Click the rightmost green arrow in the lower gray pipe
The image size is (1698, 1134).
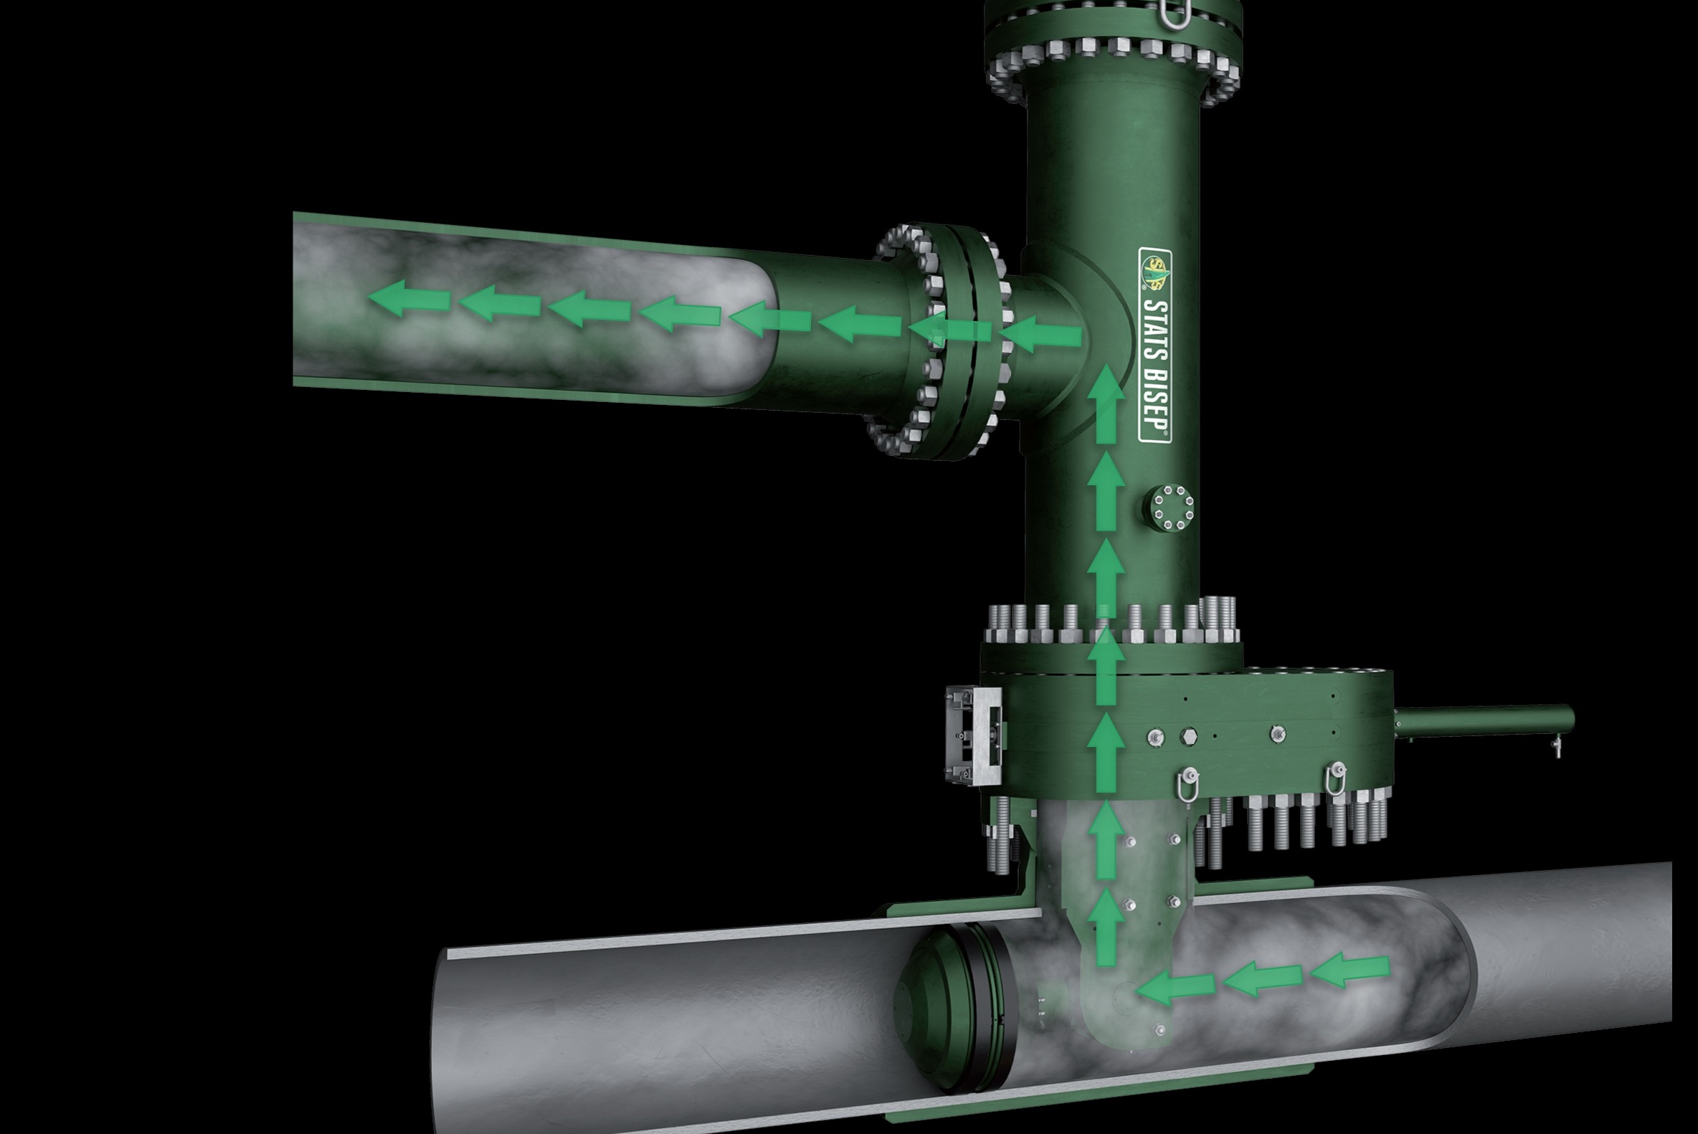pyautogui.click(x=1350, y=969)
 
